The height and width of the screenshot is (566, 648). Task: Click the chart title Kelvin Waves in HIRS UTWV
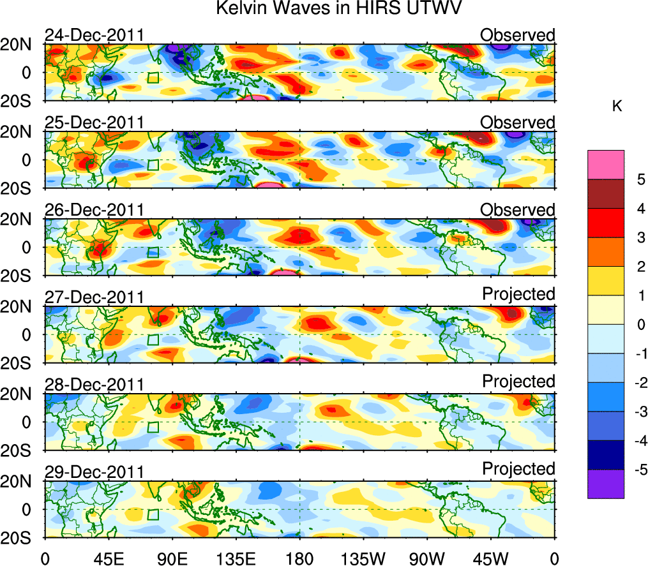coord(338,9)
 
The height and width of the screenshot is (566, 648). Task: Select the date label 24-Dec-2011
coord(94,35)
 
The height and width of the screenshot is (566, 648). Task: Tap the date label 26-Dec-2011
coord(94,210)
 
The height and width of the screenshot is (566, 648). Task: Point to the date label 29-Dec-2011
coord(94,472)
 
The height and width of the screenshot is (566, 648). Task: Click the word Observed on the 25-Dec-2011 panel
coord(518,123)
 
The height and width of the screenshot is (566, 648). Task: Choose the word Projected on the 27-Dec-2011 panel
coord(518,294)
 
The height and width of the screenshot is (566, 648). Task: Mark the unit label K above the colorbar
coord(617,107)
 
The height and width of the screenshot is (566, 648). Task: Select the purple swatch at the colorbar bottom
coord(606,484)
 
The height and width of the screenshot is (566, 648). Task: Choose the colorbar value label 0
coord(638,325)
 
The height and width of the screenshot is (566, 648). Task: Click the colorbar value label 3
coord(638,238)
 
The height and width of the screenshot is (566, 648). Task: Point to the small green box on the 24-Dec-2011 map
coord(153,78)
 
